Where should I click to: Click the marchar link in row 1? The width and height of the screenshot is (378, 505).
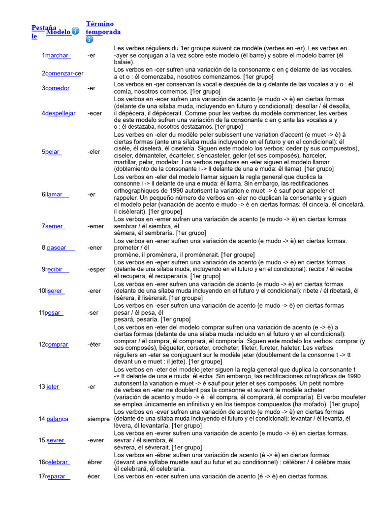[58, 55]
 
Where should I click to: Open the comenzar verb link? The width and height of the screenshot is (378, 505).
[63, 73]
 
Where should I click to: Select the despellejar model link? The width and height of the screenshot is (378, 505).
[61, 113]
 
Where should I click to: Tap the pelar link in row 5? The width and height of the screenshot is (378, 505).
[53, 151]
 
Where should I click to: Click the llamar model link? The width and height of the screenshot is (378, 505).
[57, 194]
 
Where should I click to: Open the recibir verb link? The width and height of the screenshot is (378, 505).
[57, 269]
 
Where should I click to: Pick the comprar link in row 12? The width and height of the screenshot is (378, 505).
[57, 344]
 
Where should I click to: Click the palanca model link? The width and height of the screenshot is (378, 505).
[57, 419]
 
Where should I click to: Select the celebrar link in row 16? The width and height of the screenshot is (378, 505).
[58, 462]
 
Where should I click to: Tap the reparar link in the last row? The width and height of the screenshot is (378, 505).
[58, 476]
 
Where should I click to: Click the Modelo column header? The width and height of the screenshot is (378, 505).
[58, 32]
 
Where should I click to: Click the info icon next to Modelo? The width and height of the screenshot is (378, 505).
[75, 31]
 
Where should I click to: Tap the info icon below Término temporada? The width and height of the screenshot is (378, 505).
[90, 39]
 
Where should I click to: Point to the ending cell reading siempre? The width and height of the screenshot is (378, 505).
[98, 419]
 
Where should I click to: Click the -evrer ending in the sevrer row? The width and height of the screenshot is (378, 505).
[96, 440]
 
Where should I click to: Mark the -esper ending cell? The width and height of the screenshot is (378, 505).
[96, 269]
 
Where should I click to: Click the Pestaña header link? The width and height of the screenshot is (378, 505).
[43, 28]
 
